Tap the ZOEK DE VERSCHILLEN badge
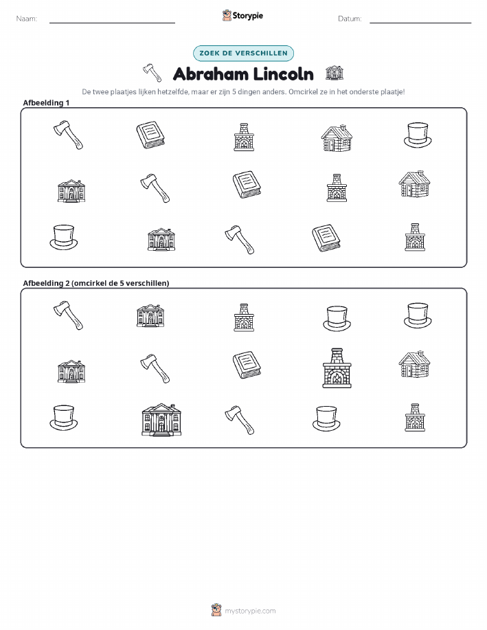point(243,53)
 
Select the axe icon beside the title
point(152,72)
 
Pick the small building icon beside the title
point(335,73)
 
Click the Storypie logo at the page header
point(242,16)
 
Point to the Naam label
point(27,19)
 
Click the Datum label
point(350,19)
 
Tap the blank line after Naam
point(112,23)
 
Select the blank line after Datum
point(420,23)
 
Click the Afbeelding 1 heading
point(46,103)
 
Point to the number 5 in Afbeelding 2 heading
point(122,283)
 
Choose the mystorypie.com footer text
point(250,611)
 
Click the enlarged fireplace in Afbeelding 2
point(337,368)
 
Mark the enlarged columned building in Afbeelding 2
point(161,420)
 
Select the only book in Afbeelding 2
point(247,365)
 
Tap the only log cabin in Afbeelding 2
point(414,364)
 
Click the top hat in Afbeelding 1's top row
point(418,135)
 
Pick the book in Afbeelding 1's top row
point(150,135)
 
